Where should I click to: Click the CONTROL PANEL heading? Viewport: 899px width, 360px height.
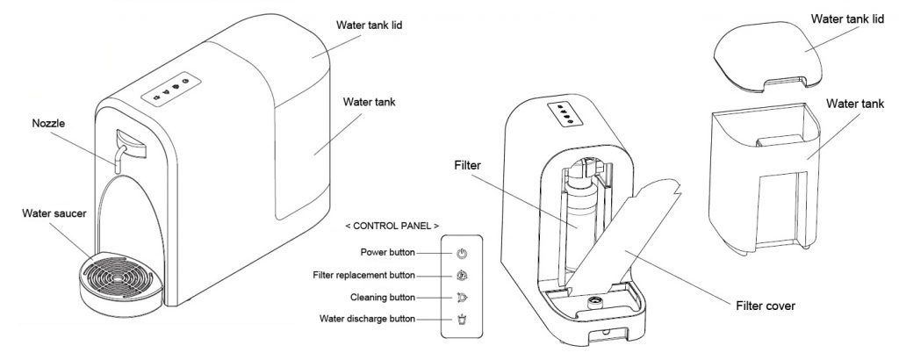392,226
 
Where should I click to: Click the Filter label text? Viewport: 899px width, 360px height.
469,163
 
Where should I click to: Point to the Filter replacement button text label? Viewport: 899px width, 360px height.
365,274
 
